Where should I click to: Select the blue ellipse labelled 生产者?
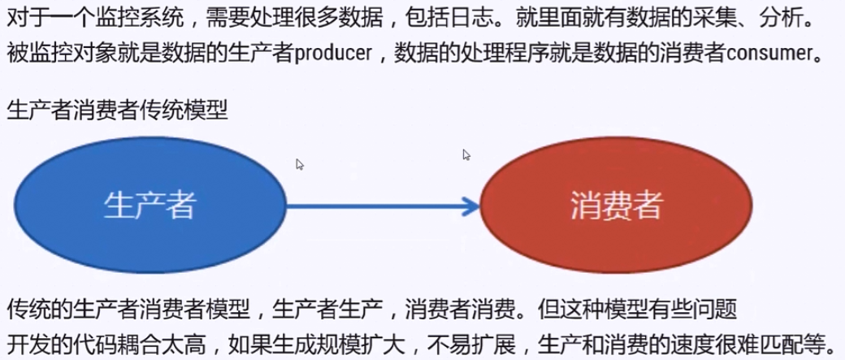pyautogui.click(x=149, y=205)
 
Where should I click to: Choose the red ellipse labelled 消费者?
pyautogui.click(x=615, y=206)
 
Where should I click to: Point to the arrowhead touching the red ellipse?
pyautogui.click(x=470, y=206)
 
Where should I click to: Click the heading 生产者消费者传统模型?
pyautogui.click(x=117, y=110)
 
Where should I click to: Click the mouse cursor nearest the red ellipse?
pyautogui.click(x=466, y=154)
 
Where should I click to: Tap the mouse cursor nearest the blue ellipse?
pyautogui.click(x=300, y=164)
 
